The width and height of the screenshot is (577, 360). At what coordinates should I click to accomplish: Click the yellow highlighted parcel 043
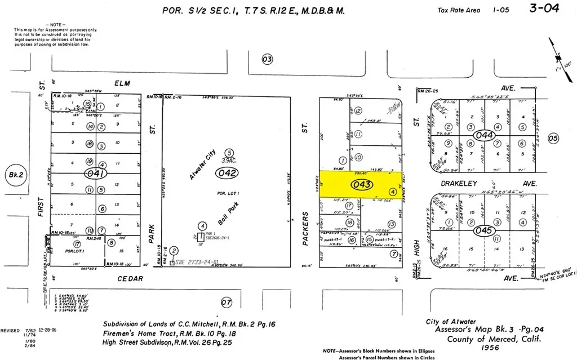pyautogui.click(x=361, y=185)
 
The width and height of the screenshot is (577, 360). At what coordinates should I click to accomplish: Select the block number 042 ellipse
pyautogui.click(x=229, y=174)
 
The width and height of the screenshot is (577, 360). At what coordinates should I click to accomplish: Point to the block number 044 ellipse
pyautogui.click(x=484, y=135)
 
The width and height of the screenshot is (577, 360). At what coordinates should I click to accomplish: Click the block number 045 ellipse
pyautogui.click(x=484, y=230)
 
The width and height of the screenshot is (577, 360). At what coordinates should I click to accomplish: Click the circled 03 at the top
pyautogui.click(x=268, y=59)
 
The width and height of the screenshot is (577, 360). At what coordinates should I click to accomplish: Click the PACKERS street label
pyautogui.click(x=305, y=232)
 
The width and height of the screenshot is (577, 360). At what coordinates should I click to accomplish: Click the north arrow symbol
pyautogui.click(x=561, y=56)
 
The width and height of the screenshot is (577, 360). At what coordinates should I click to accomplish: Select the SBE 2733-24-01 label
pyautogui.click(x=197, y=263)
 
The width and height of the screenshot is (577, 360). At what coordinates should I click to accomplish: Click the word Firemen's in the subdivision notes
pyautogui.click(x=119, y=334)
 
